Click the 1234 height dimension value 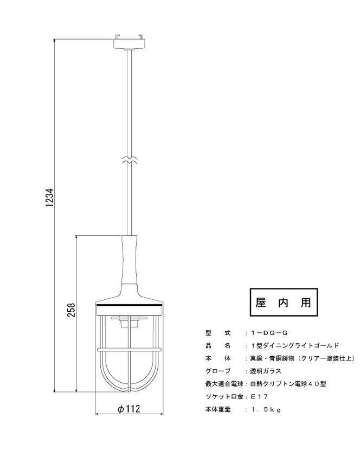pyautogui.click(x=49, y=197)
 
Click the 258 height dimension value pyautogui.click(x=71, y=310)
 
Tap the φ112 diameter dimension pyautogui.click(x=129, y=408)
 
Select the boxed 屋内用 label pyautogui.click(x=284, y=303)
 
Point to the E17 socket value pyautogui.click(x=259, y=397)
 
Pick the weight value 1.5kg pyautogui.click(x=266, y=409)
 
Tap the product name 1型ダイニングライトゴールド pyautogui.click(x=295, y=345)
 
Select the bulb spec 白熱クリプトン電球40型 pyautogui.click(x=288, y=384)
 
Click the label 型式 pyautogui.click(x=218, y=333)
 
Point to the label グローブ pyautogui.click(x=218, y=371)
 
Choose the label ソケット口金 pyautogui.click(x=224, y=397)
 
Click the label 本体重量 pyautogui.click(x=218, y=409)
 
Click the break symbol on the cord pyautogui.click(x=130, y=160)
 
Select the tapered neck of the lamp pyautogui.click(x=130, y=260)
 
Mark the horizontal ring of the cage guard pyautogui.click(x=129, y=350)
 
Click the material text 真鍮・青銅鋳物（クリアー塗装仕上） pyautogui.click(x=303, y=358)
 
